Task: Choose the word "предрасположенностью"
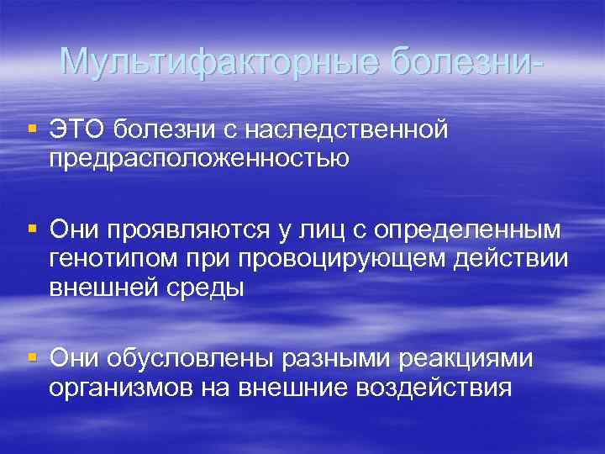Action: [198, 158]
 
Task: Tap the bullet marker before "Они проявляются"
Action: [32, 229]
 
